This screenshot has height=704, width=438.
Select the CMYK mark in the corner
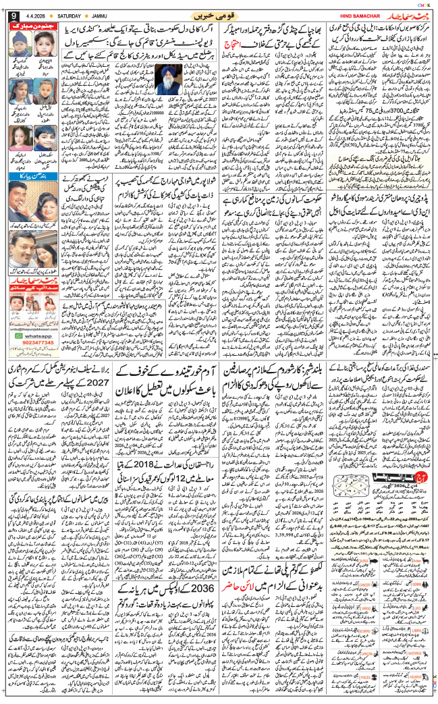pyautogui.click(x=424, y=5)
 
